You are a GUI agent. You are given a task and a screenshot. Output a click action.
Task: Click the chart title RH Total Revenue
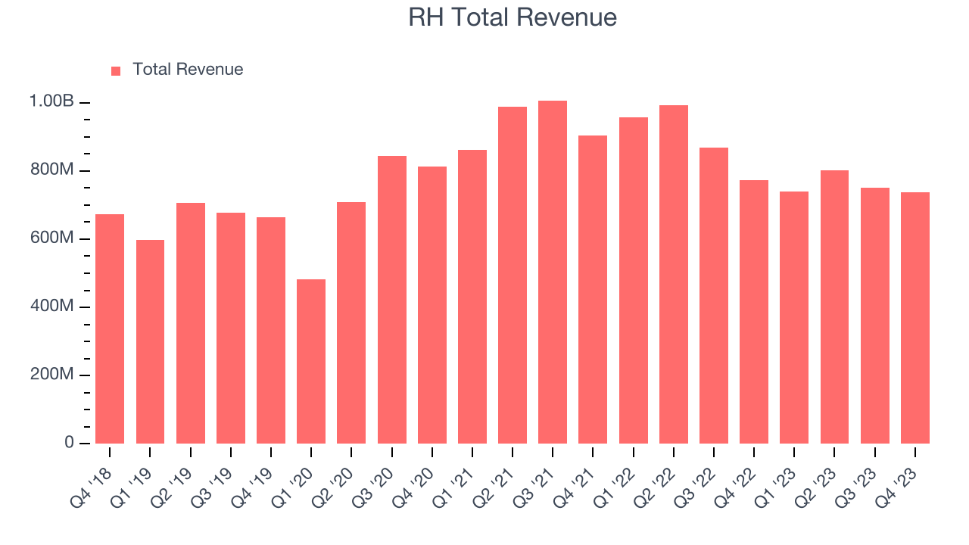513,17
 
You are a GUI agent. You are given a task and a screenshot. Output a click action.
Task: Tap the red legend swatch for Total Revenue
116,70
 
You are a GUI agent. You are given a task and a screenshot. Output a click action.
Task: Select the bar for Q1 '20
311,361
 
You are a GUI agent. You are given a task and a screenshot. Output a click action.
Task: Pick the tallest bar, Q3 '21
553,272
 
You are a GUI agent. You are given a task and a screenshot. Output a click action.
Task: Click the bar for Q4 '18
110,329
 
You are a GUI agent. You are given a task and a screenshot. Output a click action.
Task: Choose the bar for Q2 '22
674,274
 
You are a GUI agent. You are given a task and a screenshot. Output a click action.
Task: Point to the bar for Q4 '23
915,318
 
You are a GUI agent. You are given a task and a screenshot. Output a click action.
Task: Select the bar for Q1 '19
150,341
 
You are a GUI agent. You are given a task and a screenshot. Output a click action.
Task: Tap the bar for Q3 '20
392,300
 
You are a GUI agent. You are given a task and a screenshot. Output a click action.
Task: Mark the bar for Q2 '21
513,275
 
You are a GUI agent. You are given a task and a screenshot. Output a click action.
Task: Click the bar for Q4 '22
754,312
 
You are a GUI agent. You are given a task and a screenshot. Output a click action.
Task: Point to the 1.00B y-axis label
51,101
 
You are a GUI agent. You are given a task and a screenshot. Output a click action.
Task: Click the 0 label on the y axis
69,443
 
